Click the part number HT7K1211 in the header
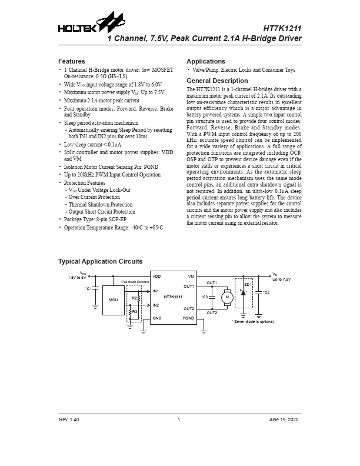click(x=282, y=28)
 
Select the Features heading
click(x=71, y=61)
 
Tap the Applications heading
click(x=205, y=61)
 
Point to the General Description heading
click(x=216, y=81)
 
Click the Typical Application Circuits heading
click(x=100, y=261)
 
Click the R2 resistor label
click(x=135, y=298)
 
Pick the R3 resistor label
click(x=135, y=310)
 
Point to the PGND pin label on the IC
click(x=188, y=318)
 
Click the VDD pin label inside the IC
click(x=156, y=276)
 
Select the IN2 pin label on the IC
click(x=156, y=305)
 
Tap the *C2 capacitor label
click(x=266, y=292)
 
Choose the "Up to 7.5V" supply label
click(x=282, y=279)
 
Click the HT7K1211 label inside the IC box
click(x=174, y=297)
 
